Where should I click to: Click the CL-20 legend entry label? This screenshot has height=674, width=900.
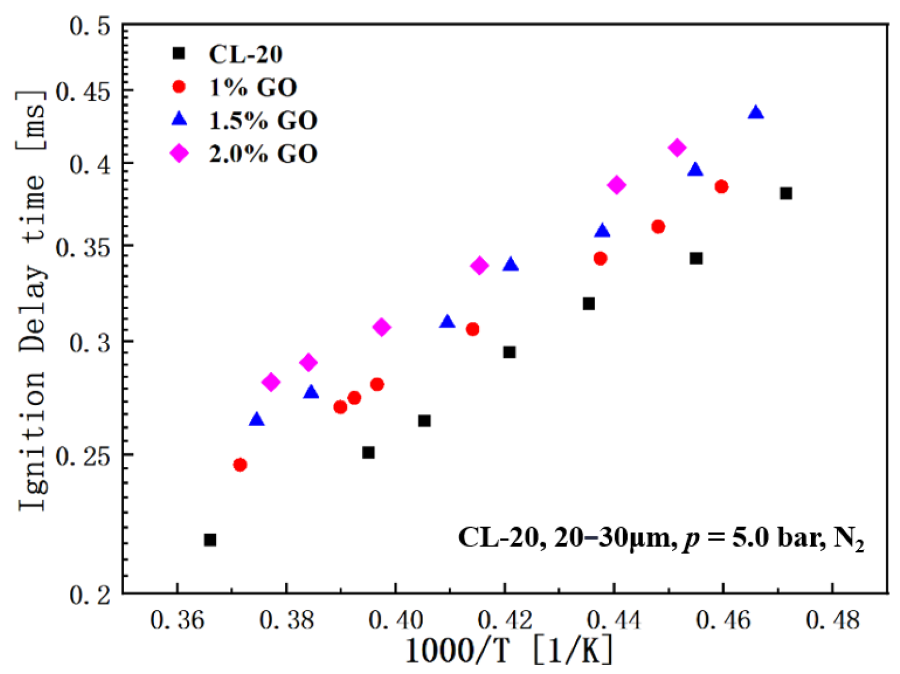coord(245,54)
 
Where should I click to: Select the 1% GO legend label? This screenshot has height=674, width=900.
coord(253,88)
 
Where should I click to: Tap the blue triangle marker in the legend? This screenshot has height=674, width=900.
coord(179,119)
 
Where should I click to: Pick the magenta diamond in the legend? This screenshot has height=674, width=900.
coord(179,153)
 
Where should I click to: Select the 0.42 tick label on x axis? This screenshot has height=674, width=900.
coord(504,621)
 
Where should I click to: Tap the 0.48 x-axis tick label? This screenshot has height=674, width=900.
coord(832,621)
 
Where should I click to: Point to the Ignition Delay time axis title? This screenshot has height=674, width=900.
coord(32,298)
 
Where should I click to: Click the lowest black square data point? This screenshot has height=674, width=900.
coord(210,540)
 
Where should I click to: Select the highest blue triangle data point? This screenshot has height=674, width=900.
coord(756,112)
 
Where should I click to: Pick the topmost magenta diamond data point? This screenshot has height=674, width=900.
coord(677,148)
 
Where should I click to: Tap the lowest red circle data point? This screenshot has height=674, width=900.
coord(240,465)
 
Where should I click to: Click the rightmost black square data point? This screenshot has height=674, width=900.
coord(786,194)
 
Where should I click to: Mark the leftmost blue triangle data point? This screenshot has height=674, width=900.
coord(257,420)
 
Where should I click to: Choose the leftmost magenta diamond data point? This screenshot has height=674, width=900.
coord(271,382)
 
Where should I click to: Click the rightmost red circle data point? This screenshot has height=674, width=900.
coord(721,187)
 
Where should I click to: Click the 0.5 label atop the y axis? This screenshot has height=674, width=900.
coord(89,26)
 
